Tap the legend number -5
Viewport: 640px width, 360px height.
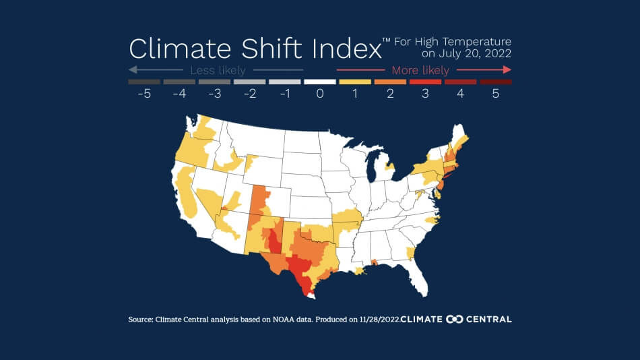click(x=143, y=94)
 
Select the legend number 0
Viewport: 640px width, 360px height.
click(x=320, y=94)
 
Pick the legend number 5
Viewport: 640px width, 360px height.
click(x=495, y=94)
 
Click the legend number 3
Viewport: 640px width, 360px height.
click(x=425, y=94)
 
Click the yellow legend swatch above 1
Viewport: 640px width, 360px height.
click(x=354, y=82)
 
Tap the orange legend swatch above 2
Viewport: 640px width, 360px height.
click(x=390, y=82)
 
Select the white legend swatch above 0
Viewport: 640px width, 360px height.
click(x=320, y=82)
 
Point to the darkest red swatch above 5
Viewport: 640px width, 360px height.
click(x=495, y=82)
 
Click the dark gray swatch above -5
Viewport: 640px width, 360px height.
click(x=143, y=82)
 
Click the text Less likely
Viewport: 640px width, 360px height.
click(x=218, y=70)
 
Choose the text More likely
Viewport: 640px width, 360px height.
click(x=420, y=70)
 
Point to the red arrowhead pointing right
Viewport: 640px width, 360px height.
click(x=507, y=70)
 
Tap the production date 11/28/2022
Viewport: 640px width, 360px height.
click(x=377, y=319)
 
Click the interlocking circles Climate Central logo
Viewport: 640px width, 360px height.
click(x=455, y=319)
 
